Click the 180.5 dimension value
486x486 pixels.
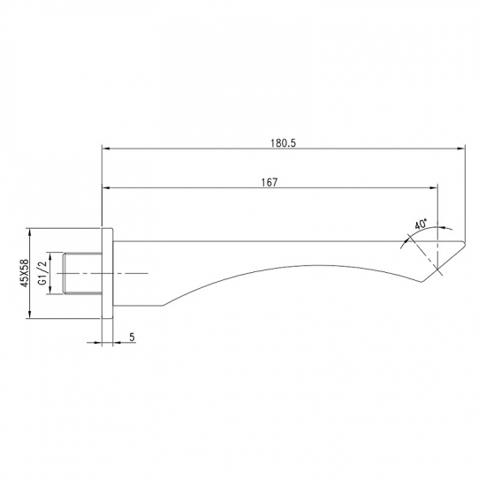284,143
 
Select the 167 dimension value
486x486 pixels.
270,182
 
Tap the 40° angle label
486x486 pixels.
421,224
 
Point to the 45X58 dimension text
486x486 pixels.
25,273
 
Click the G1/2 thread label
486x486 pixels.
42,273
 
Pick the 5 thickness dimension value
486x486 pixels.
132,337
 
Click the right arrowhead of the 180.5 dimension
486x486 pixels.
461,148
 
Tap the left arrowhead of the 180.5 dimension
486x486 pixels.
106,148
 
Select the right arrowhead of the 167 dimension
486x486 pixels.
433,188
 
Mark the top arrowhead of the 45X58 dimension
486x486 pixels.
29,232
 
